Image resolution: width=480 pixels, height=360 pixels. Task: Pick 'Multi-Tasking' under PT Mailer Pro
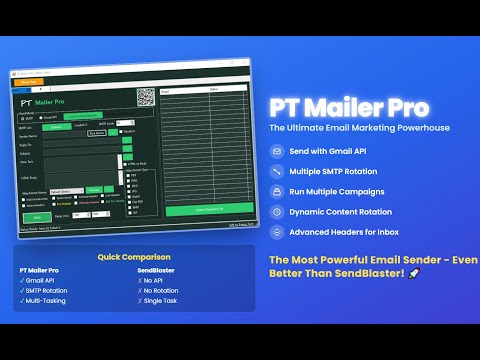(42, 298)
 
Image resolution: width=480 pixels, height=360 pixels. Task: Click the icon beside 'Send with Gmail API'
(276, 152)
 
